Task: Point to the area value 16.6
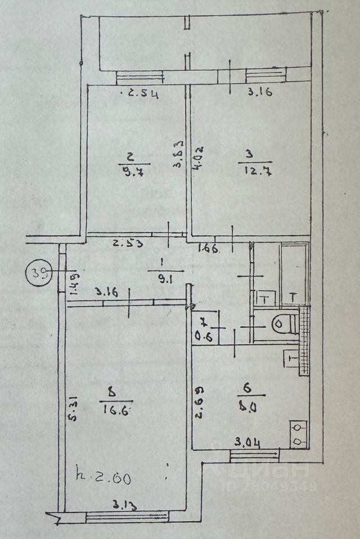click(116, 410)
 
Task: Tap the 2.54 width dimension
click(143, 94)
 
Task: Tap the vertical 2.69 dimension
click(198, 403)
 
